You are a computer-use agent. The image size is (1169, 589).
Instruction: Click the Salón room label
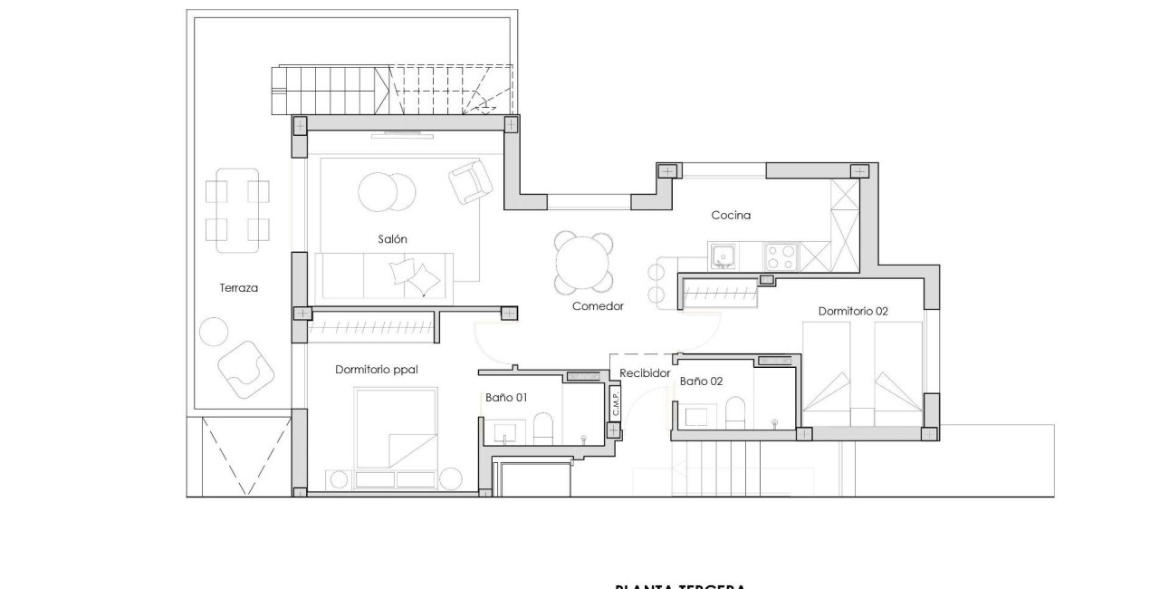tap(393, 239)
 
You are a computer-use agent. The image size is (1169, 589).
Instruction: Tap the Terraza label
tap(239, 288)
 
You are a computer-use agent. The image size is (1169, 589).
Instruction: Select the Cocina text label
tap(731, 216)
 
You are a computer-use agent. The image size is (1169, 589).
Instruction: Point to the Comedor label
tap(598, 306)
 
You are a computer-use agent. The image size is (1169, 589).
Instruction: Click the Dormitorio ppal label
tap(376, 370)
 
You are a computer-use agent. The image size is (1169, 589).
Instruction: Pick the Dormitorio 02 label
tap(853, 311)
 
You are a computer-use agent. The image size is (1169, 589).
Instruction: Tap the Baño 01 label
tap(506, 397)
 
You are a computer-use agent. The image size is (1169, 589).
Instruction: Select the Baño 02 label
tap(701, 381)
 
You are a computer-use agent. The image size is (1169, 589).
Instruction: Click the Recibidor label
tap(645, 373)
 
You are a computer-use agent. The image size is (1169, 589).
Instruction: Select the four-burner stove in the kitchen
tap(781, 256)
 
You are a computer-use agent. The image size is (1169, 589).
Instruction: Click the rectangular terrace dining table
tap(237, 210)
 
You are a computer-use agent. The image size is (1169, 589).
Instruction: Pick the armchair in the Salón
tap(470, 182)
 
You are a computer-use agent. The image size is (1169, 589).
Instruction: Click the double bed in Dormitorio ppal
tap(396, 426)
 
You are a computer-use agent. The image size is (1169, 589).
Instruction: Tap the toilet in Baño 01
tap(543, 429)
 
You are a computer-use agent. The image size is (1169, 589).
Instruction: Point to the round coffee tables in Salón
tap(387, 191)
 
